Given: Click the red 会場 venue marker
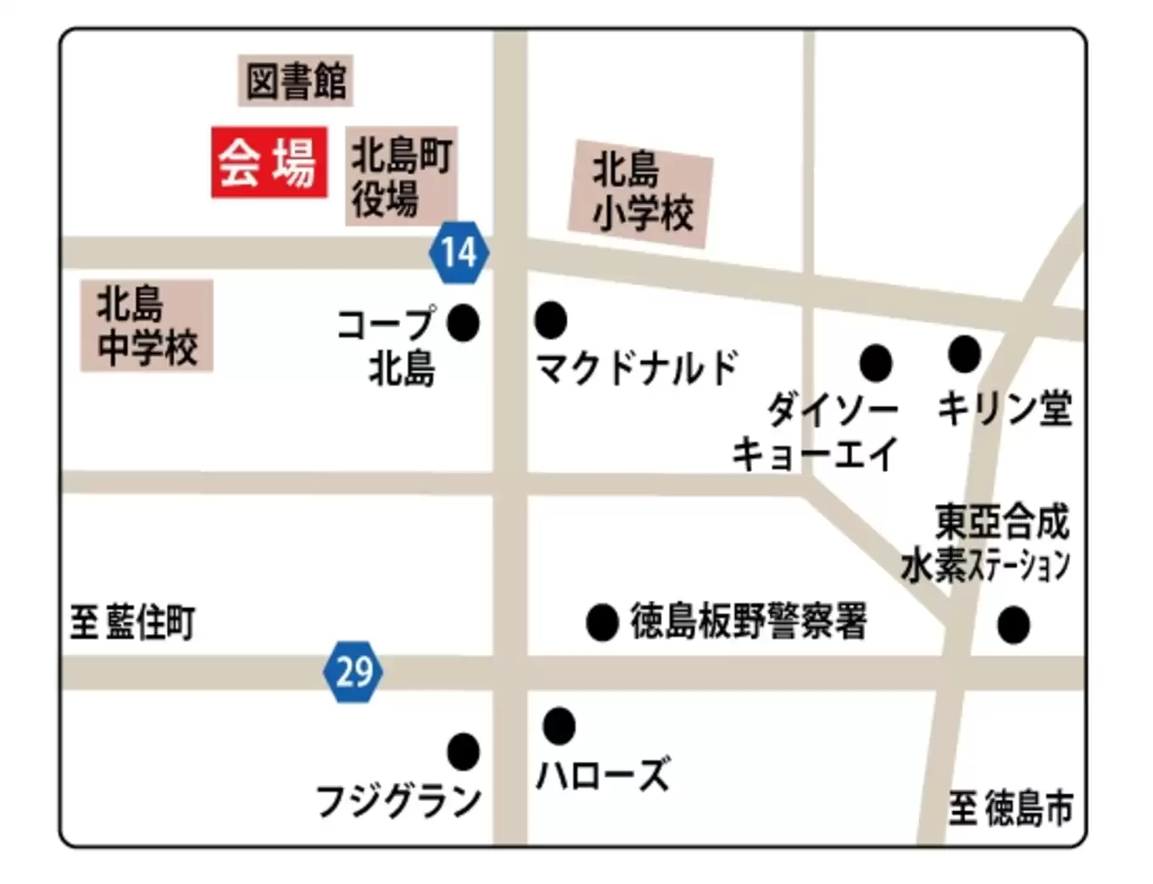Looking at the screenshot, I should point(269,162).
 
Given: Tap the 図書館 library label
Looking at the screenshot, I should point(295,81).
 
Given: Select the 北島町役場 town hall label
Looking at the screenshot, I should point(401,176).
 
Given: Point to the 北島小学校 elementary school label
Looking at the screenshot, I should point(641,193).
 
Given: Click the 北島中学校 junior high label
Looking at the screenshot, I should point(147,326).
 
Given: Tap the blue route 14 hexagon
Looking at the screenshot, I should point(459,252).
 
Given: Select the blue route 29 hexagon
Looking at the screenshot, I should point(354,672).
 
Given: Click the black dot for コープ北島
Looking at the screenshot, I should point(463,322).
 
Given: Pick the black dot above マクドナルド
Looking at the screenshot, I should point(550,320).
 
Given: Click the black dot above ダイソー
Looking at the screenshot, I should point(876,363).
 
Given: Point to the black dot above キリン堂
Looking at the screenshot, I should point(964,354).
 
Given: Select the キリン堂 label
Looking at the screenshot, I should point(1005,408).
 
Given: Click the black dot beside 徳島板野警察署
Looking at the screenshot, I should point(602,623).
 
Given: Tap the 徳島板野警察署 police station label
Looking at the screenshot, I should point(749,622).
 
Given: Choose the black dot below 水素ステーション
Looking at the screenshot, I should point(1013,625).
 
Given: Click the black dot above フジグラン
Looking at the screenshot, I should point(463,751).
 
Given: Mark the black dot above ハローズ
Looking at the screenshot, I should point(559,725).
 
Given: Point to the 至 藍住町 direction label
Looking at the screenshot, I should point(132,623).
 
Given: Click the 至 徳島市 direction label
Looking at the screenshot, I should point(1011,808).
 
